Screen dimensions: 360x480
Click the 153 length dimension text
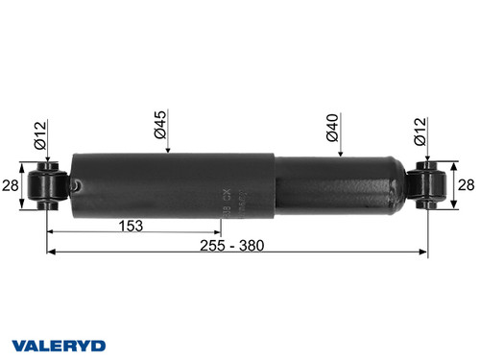[131, 227]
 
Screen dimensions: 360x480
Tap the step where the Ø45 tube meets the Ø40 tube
[276, 182]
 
